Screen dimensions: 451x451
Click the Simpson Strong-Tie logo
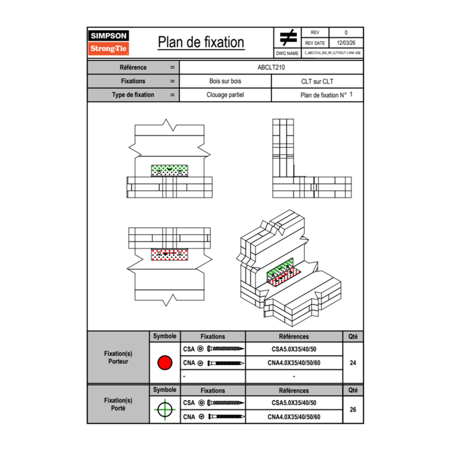tap(109, 43)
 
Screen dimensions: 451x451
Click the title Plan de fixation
tap(200, 42)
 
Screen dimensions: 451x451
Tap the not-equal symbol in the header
tap(288, 38)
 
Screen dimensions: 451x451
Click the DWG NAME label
tap(287, 53)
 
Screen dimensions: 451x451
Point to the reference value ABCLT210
tap(271, 67)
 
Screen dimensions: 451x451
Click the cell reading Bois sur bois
tap(225, 81)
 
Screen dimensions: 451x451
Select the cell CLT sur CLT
tap(317, 81)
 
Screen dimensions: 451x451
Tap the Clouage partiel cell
tap(225, 95)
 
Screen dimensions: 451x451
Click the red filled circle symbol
tap(165, 363)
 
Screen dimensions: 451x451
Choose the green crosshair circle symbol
tap(165, 409)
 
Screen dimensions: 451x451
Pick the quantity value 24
tap(353, 363)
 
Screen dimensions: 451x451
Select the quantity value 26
tap(353, 409)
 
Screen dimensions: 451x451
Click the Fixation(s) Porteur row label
tap(118, 357)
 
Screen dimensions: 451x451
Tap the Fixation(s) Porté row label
tap(118, 404)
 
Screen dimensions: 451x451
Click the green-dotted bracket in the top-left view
tap(170, 171)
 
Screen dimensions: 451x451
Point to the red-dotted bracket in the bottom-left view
tap(170, 254)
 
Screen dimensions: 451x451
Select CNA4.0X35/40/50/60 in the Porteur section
tap(294, 363)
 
